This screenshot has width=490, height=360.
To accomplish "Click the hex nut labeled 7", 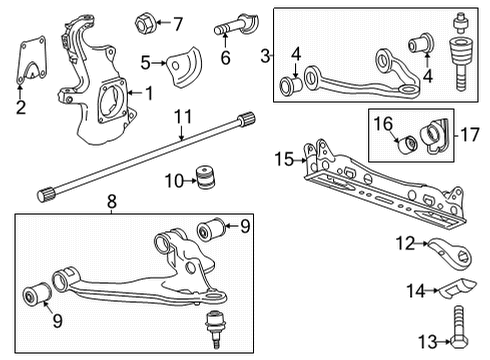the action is point(144,23).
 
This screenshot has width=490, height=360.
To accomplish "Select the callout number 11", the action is point(183,117).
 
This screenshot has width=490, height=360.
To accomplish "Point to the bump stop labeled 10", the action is point(205,177).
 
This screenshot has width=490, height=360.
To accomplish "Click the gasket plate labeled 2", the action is point(32,60).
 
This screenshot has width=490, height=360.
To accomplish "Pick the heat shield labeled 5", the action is point(184,68).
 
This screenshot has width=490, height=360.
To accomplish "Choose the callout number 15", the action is point(284,159).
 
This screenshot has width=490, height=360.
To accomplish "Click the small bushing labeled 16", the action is point(408,144).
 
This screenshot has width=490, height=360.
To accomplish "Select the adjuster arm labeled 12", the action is point(450,252).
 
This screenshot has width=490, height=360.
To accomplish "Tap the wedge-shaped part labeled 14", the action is point(457,288).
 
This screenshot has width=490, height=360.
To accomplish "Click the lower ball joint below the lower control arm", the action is point(214,328).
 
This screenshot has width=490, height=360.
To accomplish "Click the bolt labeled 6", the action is point(236,26).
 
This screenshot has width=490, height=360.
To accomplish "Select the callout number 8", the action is point(112,201).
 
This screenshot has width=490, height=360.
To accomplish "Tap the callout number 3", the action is point(265,56).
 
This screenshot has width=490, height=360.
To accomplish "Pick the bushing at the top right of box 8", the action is point(211,229).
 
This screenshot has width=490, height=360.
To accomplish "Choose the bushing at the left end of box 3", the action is point(290,86).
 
